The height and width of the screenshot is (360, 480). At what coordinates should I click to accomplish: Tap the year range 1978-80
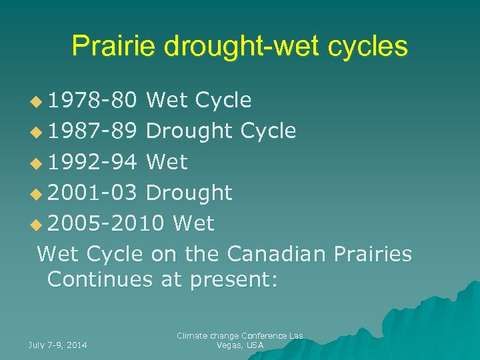click(x=93, y=101)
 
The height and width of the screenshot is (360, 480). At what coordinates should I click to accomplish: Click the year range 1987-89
click(x=93, y=131)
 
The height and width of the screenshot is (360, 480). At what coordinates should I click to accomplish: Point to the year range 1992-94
click(x=93, y=162)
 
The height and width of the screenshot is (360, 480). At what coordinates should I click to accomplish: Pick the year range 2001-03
click(x=93, y=193)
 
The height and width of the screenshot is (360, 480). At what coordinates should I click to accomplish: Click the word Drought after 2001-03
click(x=189, y=193)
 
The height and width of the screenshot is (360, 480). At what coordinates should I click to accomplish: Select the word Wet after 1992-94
click(x=167, y=162)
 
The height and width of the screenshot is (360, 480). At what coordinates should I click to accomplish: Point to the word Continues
click(x=100, y=279)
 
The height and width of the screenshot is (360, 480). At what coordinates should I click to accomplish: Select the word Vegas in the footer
click(x=230, y=345)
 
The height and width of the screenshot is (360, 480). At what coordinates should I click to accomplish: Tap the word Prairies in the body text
click(x=371, y=254)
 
